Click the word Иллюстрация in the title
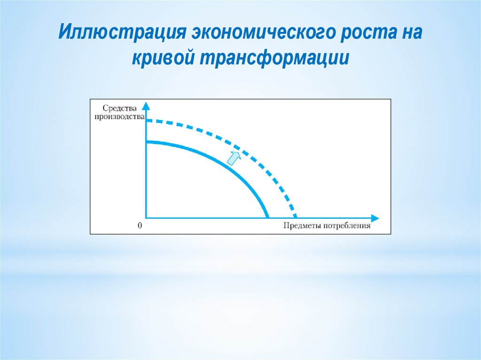[122, 32]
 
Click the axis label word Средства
[119, 108]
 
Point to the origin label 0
[140, 226]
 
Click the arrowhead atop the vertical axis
[147, 106]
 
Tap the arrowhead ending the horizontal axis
[375, 218]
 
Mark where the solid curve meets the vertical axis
[147, 142]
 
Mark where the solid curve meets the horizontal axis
[268, 218]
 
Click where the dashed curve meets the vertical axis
[147, 121]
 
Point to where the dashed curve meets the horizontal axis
[295, 218]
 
